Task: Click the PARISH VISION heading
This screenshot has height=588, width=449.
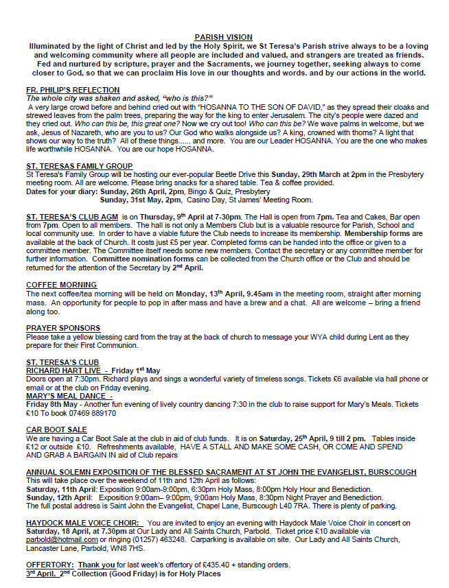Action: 223,37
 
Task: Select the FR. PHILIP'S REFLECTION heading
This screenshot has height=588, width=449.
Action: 73,90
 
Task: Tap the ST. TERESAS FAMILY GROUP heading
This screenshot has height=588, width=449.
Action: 79,166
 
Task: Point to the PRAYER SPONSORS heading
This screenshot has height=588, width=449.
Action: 63,328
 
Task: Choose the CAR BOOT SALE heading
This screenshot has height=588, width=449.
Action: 56,429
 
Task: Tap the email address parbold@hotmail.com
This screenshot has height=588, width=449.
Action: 60,539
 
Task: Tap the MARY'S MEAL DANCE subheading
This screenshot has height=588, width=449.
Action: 67,395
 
